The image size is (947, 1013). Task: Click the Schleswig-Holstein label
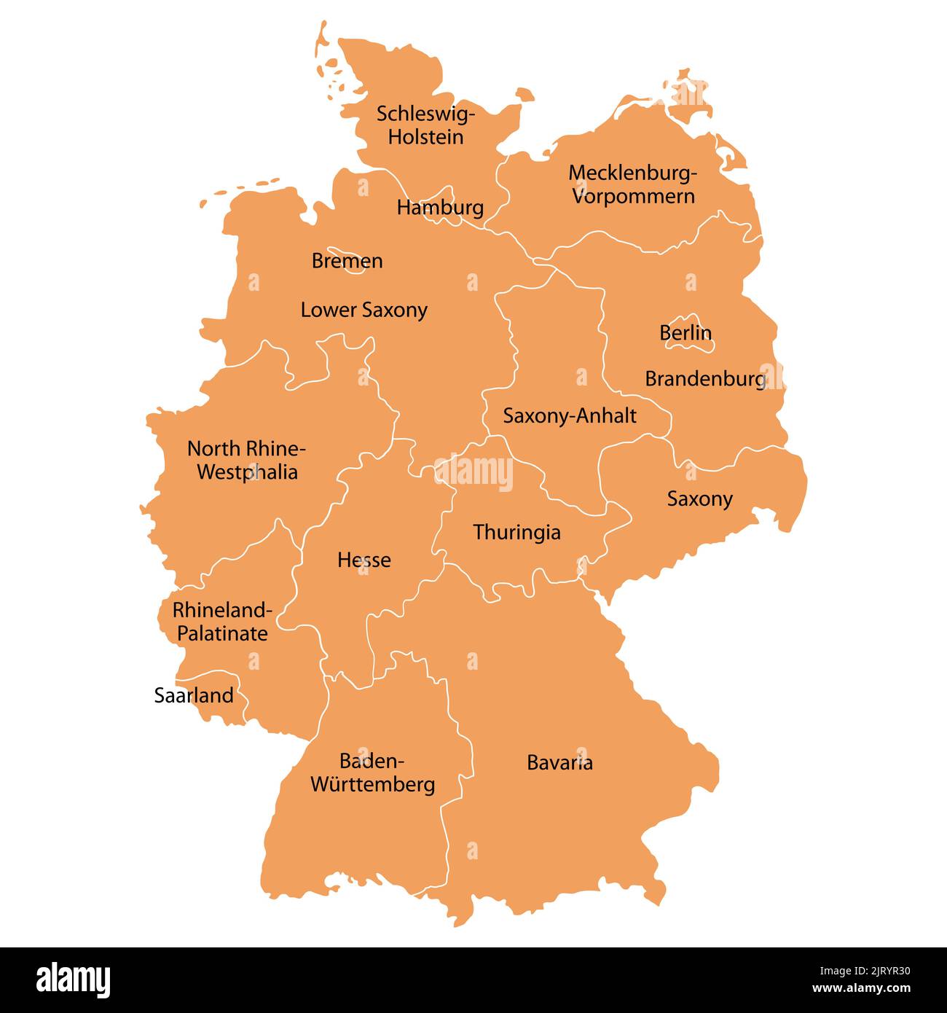click(425, 125)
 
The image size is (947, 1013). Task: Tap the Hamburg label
click(440, 208)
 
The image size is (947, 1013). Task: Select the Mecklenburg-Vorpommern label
click(632, 184)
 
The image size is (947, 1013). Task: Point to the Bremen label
click(347, 261)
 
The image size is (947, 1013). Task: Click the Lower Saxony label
click(364, 310)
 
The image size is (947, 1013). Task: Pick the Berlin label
click(685, 333)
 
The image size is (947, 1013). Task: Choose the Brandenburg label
click(705, 379)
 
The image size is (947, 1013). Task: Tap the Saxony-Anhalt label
click(570, 416)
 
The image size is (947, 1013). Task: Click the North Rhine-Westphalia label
click(247, 460)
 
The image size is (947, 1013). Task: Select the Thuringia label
click(516, 532)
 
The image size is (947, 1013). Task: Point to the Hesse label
click(364, 560)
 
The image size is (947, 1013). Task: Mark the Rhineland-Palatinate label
click(222, 621)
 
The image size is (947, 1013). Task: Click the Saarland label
click(194, 695)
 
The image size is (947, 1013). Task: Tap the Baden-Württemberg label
click(372, 773)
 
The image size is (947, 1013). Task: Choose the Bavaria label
click(559, 763)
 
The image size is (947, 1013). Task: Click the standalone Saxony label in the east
click(699, 499)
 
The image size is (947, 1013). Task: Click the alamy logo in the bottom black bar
click(73, 980)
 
